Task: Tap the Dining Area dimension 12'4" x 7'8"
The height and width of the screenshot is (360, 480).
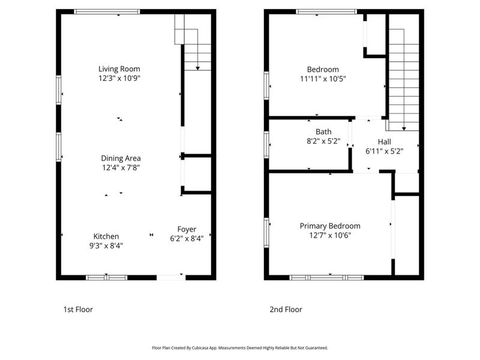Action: click(121, 168)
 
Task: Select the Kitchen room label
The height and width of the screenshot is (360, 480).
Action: click(106, 236)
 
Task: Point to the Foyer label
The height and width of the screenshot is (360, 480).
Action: click(186, 229)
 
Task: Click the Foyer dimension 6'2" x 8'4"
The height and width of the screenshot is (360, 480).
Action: click(186, 238)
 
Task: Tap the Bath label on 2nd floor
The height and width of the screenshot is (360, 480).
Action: click(323, 131)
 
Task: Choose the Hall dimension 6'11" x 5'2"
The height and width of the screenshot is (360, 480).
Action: click(384, 151)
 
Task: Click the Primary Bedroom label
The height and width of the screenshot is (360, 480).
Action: click(330, 226)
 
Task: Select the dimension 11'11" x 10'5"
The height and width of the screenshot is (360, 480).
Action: click(323, 79)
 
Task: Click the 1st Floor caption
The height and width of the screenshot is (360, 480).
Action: click(78, 310)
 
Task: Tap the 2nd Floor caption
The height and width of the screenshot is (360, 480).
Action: click(286, 310)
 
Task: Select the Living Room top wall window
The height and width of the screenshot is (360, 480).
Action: click(107, 11)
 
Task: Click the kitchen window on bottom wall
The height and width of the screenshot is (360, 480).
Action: click(106, 277)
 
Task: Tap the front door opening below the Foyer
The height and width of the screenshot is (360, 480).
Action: click(170, 277)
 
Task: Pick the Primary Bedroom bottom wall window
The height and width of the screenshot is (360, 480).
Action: click(326, 277)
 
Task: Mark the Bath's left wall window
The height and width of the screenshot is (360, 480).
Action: click(266, 145)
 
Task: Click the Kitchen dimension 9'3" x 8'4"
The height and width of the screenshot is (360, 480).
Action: click(106, 245)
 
